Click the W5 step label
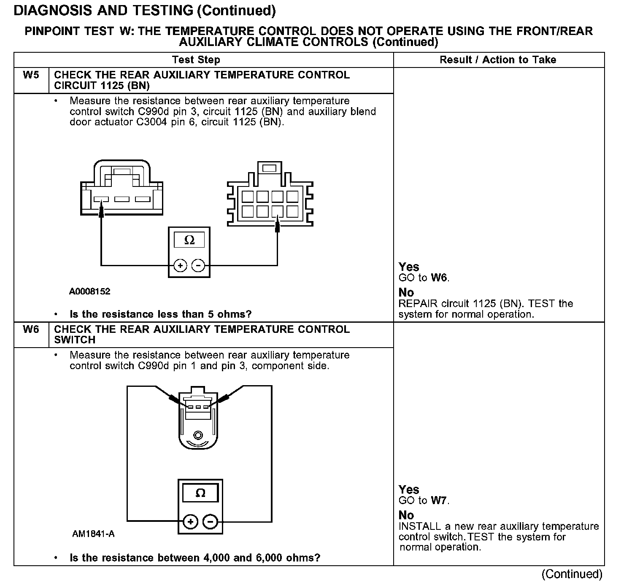click(31, 75)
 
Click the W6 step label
click(31, 329)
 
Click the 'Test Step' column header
click(196, 60)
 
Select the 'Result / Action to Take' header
click(498, 60)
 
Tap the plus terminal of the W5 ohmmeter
click(180, 266)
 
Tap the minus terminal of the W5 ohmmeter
click(198, 266)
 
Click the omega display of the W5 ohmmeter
click(189, 240)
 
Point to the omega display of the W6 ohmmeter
click(200, 493)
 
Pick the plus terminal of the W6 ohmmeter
click(191, 522)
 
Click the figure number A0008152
click(90, 291)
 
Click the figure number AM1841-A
click(93, 534)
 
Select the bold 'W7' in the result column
click(439, 501)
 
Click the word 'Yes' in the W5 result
click(409, 267)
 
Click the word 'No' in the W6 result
click(406, 515)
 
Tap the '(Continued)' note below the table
click(572, 574)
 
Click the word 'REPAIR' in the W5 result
click(418, 304)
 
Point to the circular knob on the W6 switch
click(198, 435)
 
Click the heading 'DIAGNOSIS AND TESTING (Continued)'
click(145, 11)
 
